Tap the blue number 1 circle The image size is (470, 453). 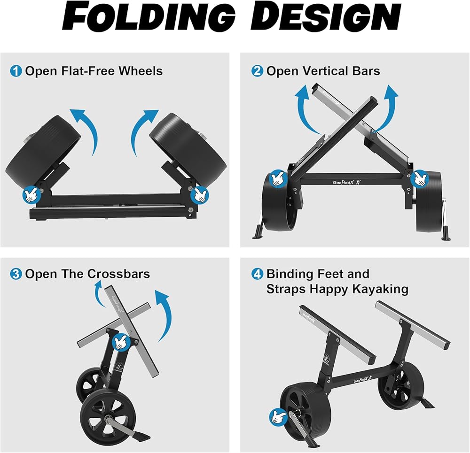(x=16, y=71)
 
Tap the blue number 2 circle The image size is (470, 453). (x=257, y=71)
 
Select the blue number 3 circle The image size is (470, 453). (x=16, y=274)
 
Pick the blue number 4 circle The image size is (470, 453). (x=257, y=274)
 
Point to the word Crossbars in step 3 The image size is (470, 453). (x=119, y=274)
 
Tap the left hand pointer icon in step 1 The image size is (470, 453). (x=31, y=195)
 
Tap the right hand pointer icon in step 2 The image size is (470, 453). (x=419, y=179)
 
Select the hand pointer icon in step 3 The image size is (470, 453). (x=121, y=342)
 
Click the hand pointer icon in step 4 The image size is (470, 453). (x=278, y=417)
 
